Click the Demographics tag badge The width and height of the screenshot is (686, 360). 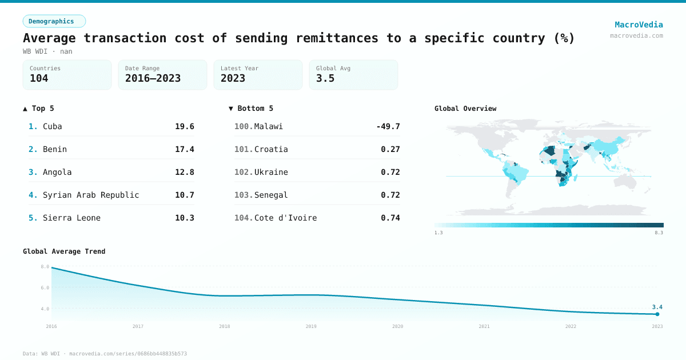[54, 21]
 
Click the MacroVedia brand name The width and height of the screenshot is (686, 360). [639, 25]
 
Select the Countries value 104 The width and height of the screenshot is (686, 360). [39, 78]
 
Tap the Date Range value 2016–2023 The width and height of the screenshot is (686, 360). [153, 78]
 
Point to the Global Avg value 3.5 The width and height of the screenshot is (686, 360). [325, 78]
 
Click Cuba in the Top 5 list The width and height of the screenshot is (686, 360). [52, 126]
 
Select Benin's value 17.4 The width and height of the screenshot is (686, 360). [185, 149]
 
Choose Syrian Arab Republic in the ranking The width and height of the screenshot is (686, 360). [91, 195]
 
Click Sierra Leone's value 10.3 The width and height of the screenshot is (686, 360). [185, 218]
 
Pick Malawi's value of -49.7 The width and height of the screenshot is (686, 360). [388, 126]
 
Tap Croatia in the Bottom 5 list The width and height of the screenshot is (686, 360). [271, 149]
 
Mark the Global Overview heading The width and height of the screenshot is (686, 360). [465, 109]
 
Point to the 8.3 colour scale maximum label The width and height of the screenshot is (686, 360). [659, 233]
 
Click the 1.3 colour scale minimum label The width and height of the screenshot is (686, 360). [438, 233]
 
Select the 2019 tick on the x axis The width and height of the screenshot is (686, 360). [311, 326]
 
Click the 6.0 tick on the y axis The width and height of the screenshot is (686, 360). [45, 287]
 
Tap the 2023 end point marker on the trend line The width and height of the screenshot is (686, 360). [657, 314]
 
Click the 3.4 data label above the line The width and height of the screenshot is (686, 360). [657, 307]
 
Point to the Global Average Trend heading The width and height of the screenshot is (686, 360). [64, 251]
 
